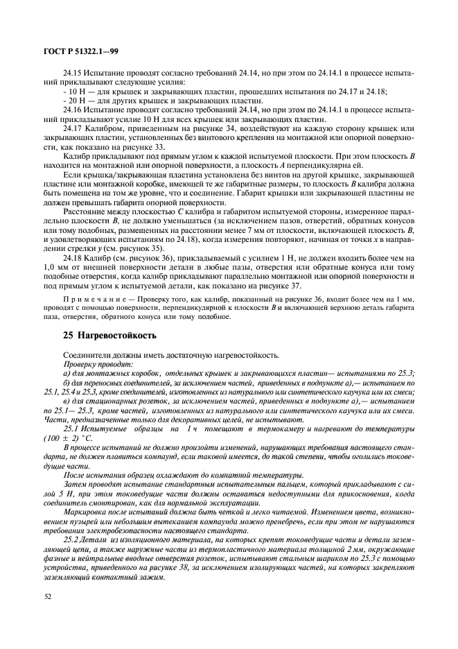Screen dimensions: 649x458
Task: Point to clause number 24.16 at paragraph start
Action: pos(73,110)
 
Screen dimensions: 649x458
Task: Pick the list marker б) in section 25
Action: pos(66,382)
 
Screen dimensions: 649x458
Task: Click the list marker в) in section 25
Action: pos(66,401)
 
